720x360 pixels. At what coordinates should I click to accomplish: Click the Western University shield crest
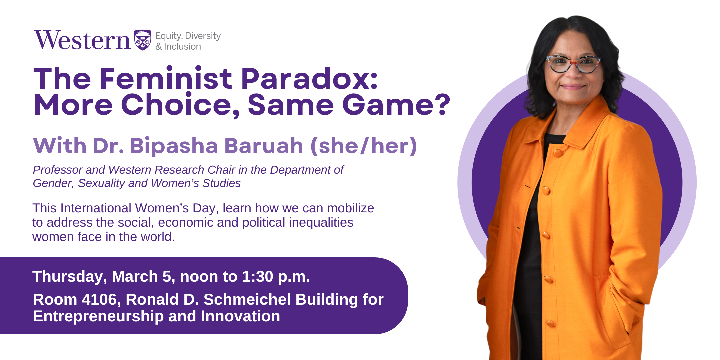click(143, 40)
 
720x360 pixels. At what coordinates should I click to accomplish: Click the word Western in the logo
click(82, 40)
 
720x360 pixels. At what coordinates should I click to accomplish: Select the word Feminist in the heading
click(165, 78)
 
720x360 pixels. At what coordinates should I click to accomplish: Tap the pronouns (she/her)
click(364, 146)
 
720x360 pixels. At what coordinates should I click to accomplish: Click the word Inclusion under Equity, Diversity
click(182, 47)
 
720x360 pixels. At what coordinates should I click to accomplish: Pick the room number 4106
click(99, 299)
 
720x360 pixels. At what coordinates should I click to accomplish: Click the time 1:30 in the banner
click(258, 276)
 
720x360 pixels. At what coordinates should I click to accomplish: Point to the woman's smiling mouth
click(573, 87)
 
